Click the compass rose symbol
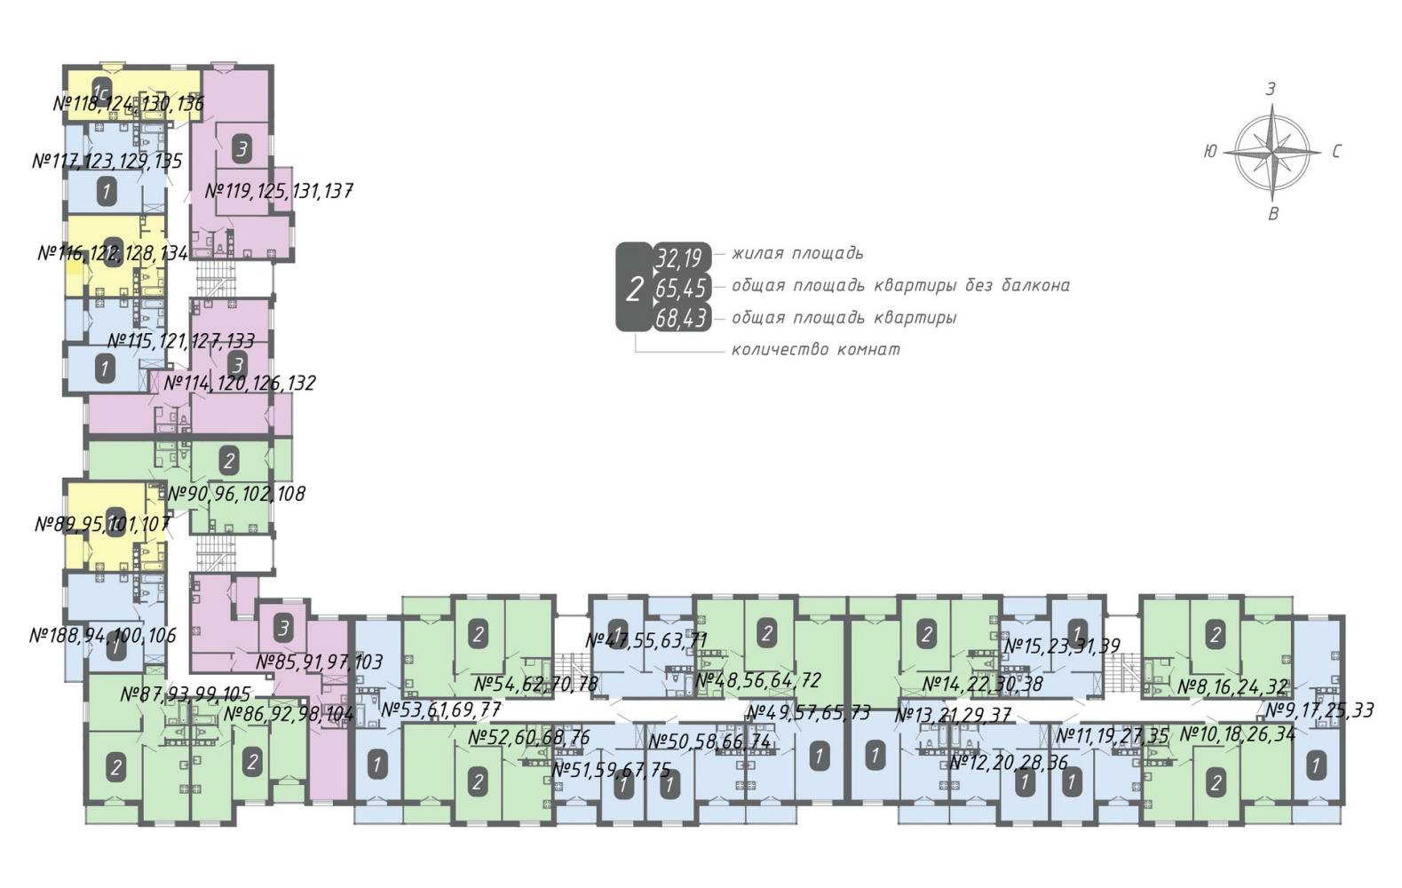[1271, 152]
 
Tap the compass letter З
[1271, 89]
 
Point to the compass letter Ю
[1209, 152]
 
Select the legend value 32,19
[679, 258]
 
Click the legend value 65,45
[681, 289]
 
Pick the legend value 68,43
[681, 318]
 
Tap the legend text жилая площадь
[796, 254]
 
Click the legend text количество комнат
[815, 350]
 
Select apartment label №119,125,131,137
[279, 191]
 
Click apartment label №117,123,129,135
[107, 162]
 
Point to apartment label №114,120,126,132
[240, 384]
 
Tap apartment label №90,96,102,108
[236, 494]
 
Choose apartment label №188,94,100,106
[103, 636]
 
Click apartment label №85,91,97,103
[320, 662]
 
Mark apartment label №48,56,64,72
[758, 681]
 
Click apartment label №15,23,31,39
[1062, 646]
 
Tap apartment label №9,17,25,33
[1319, 710]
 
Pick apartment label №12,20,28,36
[1009, 763]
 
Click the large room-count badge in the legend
[634, 289]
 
